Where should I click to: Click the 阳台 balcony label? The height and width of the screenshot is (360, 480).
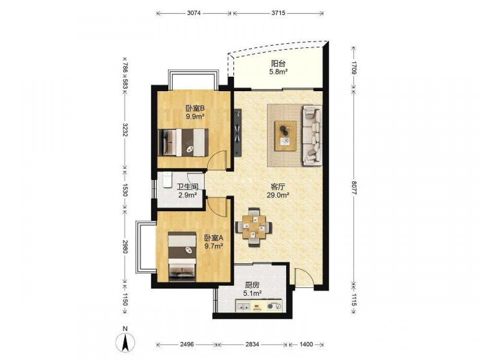click(x=278, y=64)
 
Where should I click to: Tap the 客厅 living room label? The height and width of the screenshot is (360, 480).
click(x=278, y=187)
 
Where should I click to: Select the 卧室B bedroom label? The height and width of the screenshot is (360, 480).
click(x=195, y=108)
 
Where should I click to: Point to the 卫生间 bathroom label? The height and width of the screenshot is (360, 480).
click(x=188, y=187)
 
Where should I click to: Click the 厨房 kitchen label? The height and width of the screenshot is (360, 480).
click(x=252, y=286)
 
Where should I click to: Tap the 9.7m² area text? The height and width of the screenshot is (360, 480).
click(x=214, y=245)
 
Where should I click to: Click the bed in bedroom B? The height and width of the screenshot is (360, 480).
click(x=183, y=143)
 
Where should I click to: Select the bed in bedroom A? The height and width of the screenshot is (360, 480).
click(x=182, y=256)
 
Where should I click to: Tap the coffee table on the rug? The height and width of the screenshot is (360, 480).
click(x=285, y=136)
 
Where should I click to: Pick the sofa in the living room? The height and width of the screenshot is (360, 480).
click(x=312, y=135)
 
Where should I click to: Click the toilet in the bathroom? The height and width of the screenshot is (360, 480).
click(x=167, y=180)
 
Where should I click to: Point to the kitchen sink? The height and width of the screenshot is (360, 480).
click(x=243, y=306)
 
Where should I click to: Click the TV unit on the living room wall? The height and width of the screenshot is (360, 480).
click(x=238, y=133)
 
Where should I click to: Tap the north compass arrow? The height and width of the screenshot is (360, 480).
click(x=125, y=342)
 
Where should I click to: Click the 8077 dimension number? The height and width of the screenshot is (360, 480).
click(x=354, y=187)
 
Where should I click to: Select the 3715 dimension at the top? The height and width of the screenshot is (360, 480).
click(x=278, y=13)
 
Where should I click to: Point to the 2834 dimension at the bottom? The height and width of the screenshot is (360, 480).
click(x=252, y=344)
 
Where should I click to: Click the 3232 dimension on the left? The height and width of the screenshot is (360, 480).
click(x=125, y=130)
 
